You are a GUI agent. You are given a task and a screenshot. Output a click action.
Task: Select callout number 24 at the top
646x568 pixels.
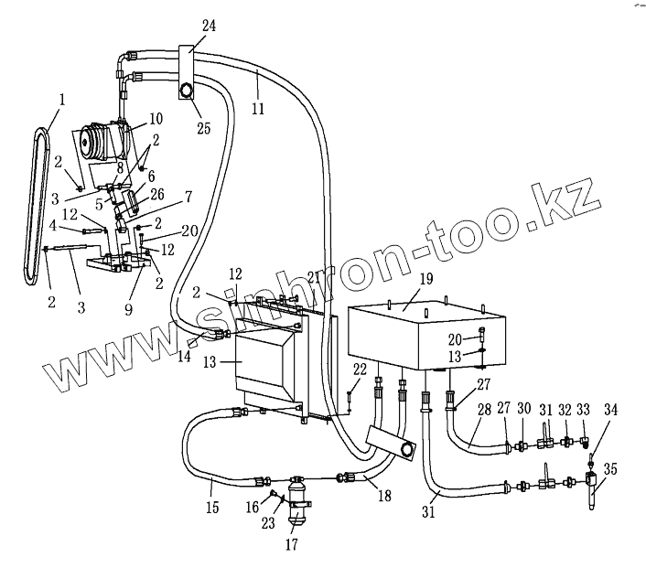[209, 27]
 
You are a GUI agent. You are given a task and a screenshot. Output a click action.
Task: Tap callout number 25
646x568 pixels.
[204, 128]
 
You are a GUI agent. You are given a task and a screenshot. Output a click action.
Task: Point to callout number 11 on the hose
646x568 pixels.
[258, 109]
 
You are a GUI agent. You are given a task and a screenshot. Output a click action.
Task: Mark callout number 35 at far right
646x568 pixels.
[611, 469]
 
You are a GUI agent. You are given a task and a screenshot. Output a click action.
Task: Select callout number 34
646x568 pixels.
[611, 411]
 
